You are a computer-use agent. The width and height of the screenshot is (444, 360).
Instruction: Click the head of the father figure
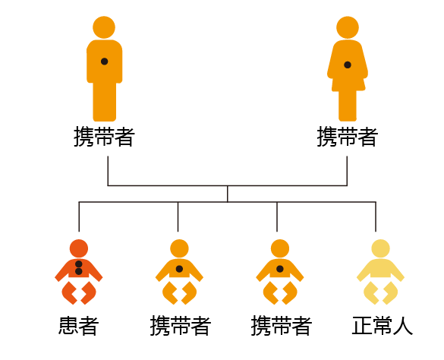click(104, 27)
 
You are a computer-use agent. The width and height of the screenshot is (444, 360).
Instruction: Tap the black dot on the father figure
click(104, 62)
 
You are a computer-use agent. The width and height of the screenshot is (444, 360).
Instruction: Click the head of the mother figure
click(348, 27)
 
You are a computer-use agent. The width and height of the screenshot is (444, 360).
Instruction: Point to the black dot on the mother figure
click(348, 65)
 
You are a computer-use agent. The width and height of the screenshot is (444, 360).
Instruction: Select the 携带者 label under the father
click(104, 137)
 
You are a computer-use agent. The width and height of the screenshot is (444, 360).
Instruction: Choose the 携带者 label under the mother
click(348, 137)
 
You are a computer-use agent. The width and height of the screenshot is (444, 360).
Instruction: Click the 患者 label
click(79, 326)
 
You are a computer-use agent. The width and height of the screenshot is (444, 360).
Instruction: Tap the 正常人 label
click(383, 326)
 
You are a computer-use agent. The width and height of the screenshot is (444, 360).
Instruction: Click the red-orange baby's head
click(79, 248)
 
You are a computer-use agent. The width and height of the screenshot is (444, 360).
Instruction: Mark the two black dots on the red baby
click(79, 268)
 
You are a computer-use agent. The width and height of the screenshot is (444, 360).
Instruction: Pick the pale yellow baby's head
click(380, 248)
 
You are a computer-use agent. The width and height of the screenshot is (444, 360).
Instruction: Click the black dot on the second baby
click(179, 269)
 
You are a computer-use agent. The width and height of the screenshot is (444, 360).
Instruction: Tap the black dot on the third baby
click(280, 269)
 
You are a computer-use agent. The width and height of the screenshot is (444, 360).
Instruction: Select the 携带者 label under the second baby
click(181, 326)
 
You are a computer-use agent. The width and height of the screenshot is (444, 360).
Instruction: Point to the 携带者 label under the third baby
click(282, 326)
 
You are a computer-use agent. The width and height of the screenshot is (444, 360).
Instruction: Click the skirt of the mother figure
click(348, 84)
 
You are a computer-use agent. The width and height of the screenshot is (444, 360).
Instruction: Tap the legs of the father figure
click(105, 102)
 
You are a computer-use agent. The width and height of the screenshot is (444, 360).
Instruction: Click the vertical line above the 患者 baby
click(79, 217)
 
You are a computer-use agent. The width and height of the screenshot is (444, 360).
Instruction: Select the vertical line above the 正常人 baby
click(376, 217)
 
